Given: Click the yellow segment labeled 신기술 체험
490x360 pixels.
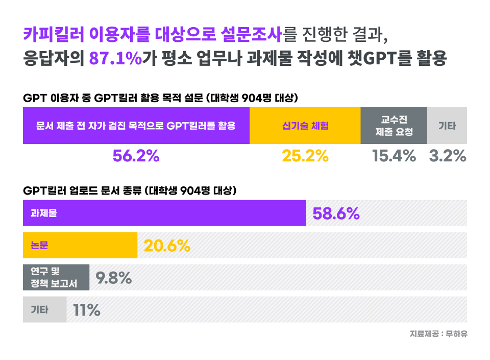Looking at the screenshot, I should point(305,126).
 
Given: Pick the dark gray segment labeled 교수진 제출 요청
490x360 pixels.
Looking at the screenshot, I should point(394,126).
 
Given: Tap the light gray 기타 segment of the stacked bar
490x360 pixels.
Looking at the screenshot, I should point(447,126).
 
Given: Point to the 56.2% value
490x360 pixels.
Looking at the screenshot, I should point(136,156).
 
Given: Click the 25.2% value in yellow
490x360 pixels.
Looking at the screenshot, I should point(305,156).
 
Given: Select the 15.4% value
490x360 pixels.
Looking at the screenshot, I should point(394,156).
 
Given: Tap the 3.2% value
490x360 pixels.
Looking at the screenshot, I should point(448,156).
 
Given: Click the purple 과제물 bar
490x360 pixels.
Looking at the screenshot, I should point(164,213).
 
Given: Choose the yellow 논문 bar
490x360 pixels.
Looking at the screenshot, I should point(80,245).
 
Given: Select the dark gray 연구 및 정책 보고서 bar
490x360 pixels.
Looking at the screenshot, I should point(56,277).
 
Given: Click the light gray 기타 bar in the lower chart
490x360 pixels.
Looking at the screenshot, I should point(44,309).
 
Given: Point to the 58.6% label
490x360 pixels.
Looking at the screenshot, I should point(336,213).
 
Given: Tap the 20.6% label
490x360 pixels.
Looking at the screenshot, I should point(167,246).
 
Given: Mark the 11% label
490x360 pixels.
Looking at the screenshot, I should point(87,310).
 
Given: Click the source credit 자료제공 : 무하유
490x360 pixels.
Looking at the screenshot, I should point(438,334).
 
